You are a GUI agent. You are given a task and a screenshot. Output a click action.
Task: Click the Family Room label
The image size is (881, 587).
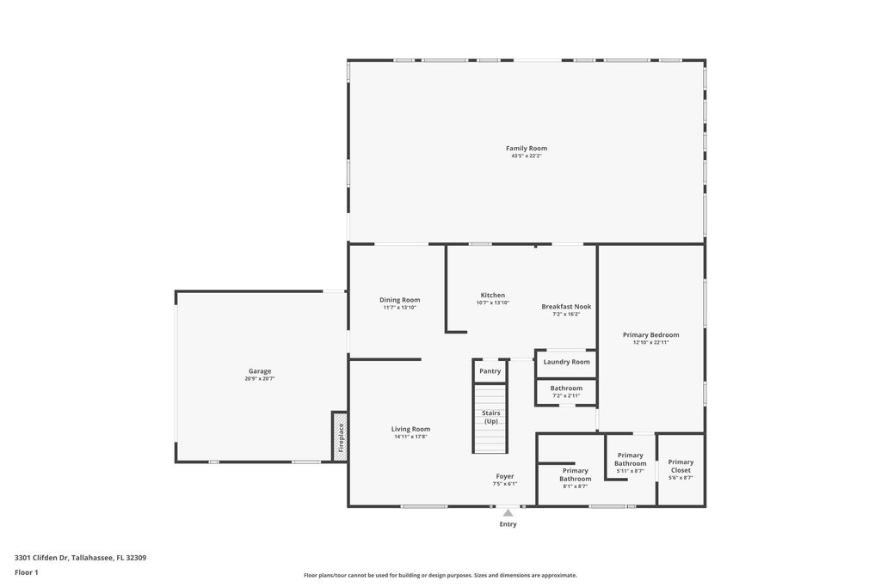point(526,149)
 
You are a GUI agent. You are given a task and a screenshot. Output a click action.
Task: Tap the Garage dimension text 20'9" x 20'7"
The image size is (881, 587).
point(259,379)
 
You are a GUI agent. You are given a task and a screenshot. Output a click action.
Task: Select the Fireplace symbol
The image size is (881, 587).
point(340,437)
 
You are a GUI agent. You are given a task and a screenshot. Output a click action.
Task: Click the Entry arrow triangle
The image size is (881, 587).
point(508,513)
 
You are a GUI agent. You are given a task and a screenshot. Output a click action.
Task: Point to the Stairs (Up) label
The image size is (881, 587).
point(490,417)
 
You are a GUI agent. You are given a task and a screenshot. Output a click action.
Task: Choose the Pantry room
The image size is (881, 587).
point(490,371)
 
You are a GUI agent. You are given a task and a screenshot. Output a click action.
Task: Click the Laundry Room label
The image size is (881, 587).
point(566,362)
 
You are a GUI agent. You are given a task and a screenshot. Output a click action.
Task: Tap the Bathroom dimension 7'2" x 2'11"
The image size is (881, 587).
point(566,395)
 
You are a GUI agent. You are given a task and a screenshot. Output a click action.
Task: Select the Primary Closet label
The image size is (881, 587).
point(680,466)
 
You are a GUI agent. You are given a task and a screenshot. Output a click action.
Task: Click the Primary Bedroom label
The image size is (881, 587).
point(650,335)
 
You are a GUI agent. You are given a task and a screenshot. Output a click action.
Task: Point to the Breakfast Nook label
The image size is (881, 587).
point(566,307)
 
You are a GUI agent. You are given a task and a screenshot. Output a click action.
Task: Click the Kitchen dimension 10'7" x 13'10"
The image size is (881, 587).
point(492,303)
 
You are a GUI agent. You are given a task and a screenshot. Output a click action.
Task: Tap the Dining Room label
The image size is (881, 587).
point(399,300)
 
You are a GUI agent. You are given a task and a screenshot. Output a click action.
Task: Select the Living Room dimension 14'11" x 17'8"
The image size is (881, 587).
point(410,437)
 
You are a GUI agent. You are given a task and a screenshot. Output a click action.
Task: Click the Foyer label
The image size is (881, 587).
point(504,476)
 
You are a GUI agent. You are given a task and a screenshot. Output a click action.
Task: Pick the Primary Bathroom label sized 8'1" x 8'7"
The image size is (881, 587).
point(575,474)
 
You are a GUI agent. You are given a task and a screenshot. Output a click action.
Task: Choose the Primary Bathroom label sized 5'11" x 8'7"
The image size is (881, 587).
point(630,459)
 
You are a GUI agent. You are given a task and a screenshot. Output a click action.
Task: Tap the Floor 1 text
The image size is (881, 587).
point(27,572)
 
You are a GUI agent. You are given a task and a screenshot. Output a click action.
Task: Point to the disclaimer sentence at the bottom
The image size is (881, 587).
point(440,575)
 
